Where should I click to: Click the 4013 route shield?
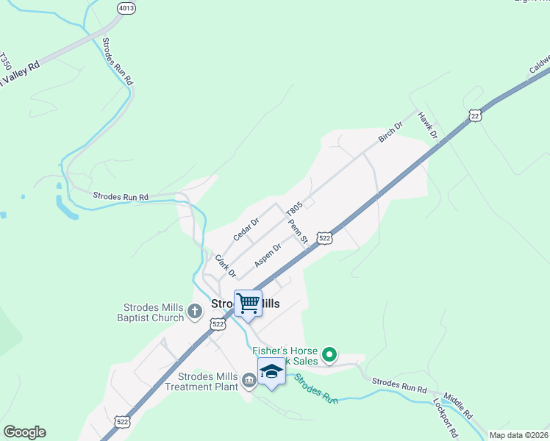click(126, 8)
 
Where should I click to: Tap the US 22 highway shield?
click(476, 116)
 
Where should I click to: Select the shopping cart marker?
click(248, 303)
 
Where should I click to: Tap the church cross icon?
click(195, 312)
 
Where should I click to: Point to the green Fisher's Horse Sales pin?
click(330, 356)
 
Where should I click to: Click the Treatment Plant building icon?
click(248, 380)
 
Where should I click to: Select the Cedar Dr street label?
click(246, 229)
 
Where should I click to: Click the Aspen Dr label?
click(268, 255)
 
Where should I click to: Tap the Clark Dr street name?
click(225, 265)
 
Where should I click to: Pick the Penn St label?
click(297, 233)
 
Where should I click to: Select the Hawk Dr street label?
click(428, 126)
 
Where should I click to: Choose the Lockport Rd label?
click(446, 417)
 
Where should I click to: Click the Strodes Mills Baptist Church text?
click(150, 312)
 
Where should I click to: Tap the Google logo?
click(24, 432)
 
